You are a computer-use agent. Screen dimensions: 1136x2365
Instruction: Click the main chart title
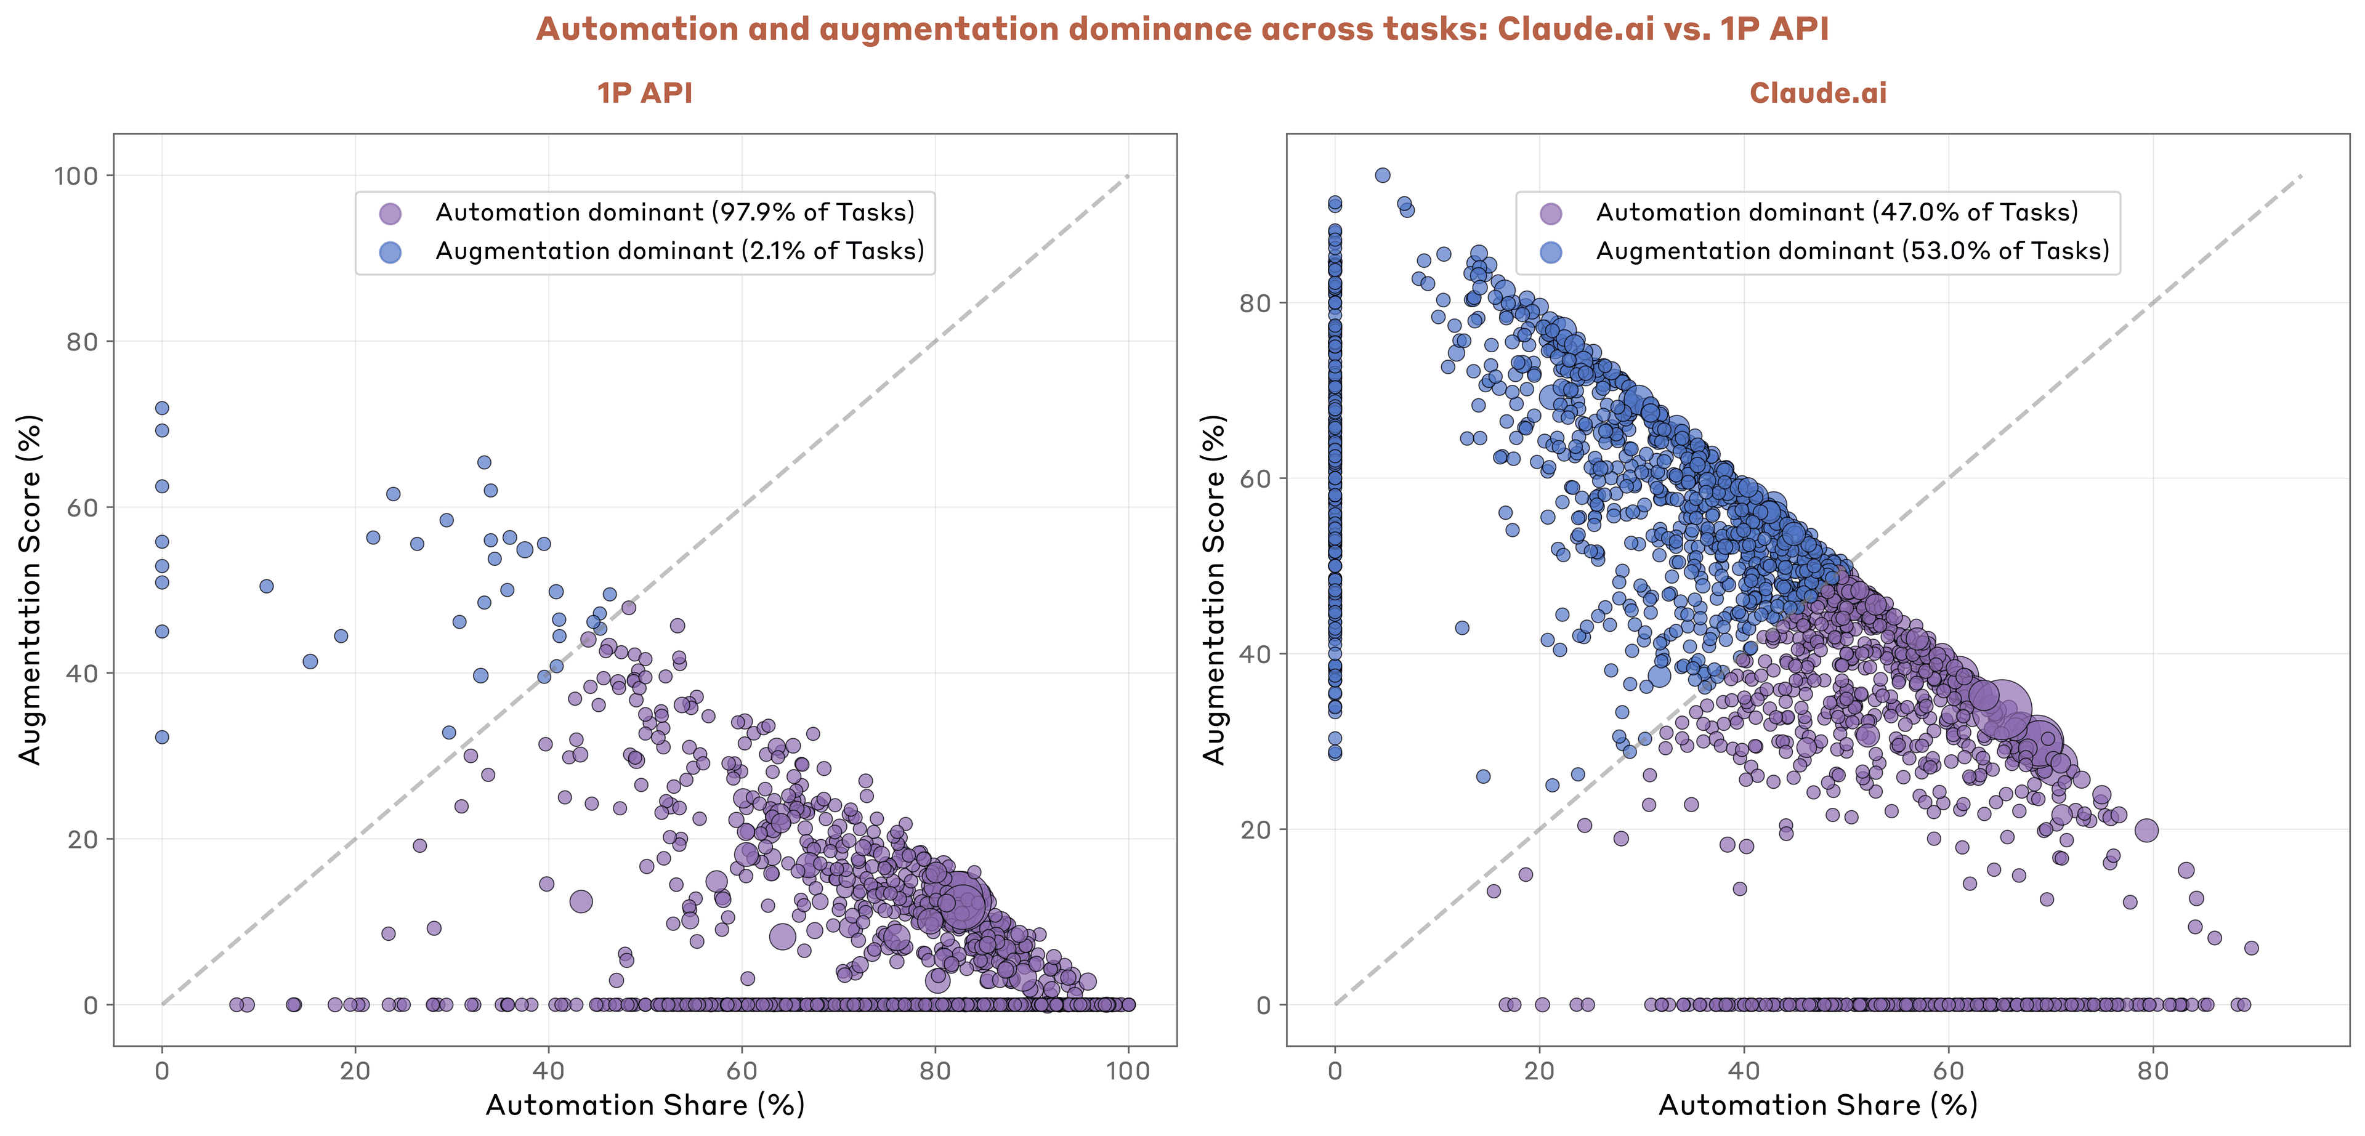point(1182,30)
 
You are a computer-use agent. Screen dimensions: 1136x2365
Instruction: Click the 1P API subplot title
point(644,93)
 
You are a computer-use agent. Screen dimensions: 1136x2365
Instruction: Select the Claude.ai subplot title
point(1818,93)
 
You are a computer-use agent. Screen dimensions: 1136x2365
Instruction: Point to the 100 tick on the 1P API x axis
point(1128,1070)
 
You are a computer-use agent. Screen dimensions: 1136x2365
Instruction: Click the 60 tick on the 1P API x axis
point(742,1070)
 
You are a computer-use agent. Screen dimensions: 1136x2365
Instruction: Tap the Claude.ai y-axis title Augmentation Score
point(1214,589)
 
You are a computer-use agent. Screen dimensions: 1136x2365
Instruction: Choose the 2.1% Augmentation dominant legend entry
point(679,251)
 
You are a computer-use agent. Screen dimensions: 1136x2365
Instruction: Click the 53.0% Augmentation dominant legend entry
point(1852,251)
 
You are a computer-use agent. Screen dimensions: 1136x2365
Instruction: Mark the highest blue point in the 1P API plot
point(161,408)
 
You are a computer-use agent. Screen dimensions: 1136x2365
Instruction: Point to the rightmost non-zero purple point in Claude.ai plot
point(2251,948)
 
